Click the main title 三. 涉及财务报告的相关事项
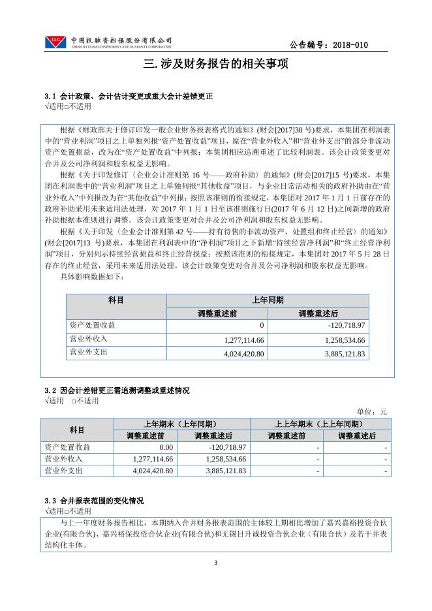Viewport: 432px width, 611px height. coord(215,65)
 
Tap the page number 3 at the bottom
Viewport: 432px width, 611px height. coord(215,563)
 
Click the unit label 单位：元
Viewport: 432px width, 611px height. coord(372,411)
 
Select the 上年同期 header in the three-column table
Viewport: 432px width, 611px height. coord(268,300)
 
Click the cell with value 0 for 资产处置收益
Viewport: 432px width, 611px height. coord(261,325)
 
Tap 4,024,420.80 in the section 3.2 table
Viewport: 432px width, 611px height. coord(149,470)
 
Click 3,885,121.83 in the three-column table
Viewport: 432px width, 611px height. coord(340,354)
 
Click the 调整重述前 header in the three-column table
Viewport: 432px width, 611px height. coord(218,313)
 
